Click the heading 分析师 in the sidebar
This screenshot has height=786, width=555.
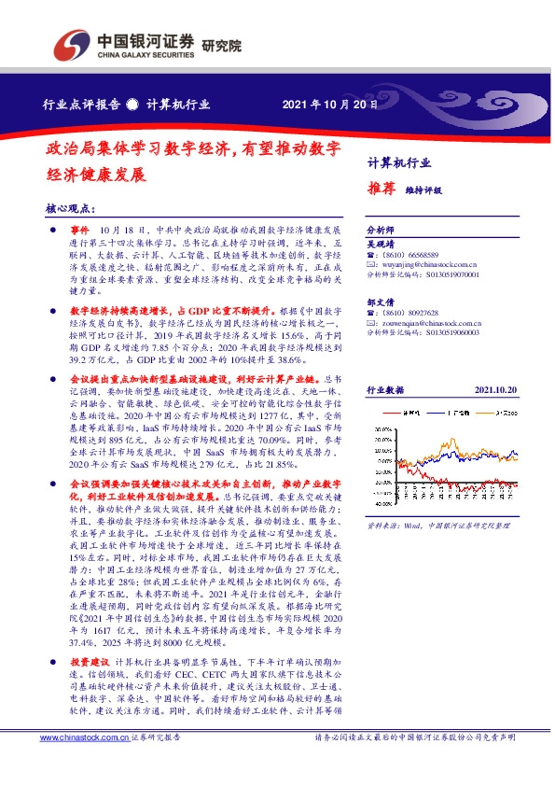click(x=380, y=229)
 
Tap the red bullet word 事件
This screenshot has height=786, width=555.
click(x=78, y=229)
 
